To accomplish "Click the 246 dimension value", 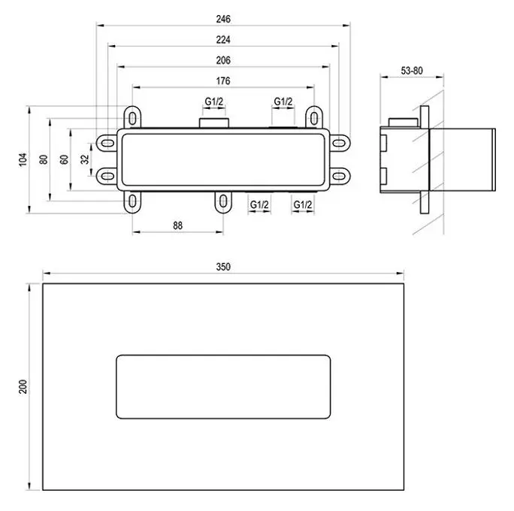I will (x=222, y=18).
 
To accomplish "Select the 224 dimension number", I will (x=222, y=39).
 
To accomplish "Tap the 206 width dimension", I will (x=222, y=60).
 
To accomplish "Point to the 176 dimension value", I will (x=222, y=81).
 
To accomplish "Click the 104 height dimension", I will (x=23, y=159).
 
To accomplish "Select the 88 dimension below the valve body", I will (x=177, y=225).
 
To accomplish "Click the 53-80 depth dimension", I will (x=412, y=71).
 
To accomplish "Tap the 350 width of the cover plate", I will (x=222, y=266).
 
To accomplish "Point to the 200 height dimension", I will (x=23, y=387).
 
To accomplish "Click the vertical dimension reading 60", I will (x=65, y=159).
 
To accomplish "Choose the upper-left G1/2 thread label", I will (x=214, y=101).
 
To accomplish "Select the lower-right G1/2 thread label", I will (x=303, y=204).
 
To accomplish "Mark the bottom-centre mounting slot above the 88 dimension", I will (x=222, y=201).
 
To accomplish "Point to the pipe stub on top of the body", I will (x=214, y=122).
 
